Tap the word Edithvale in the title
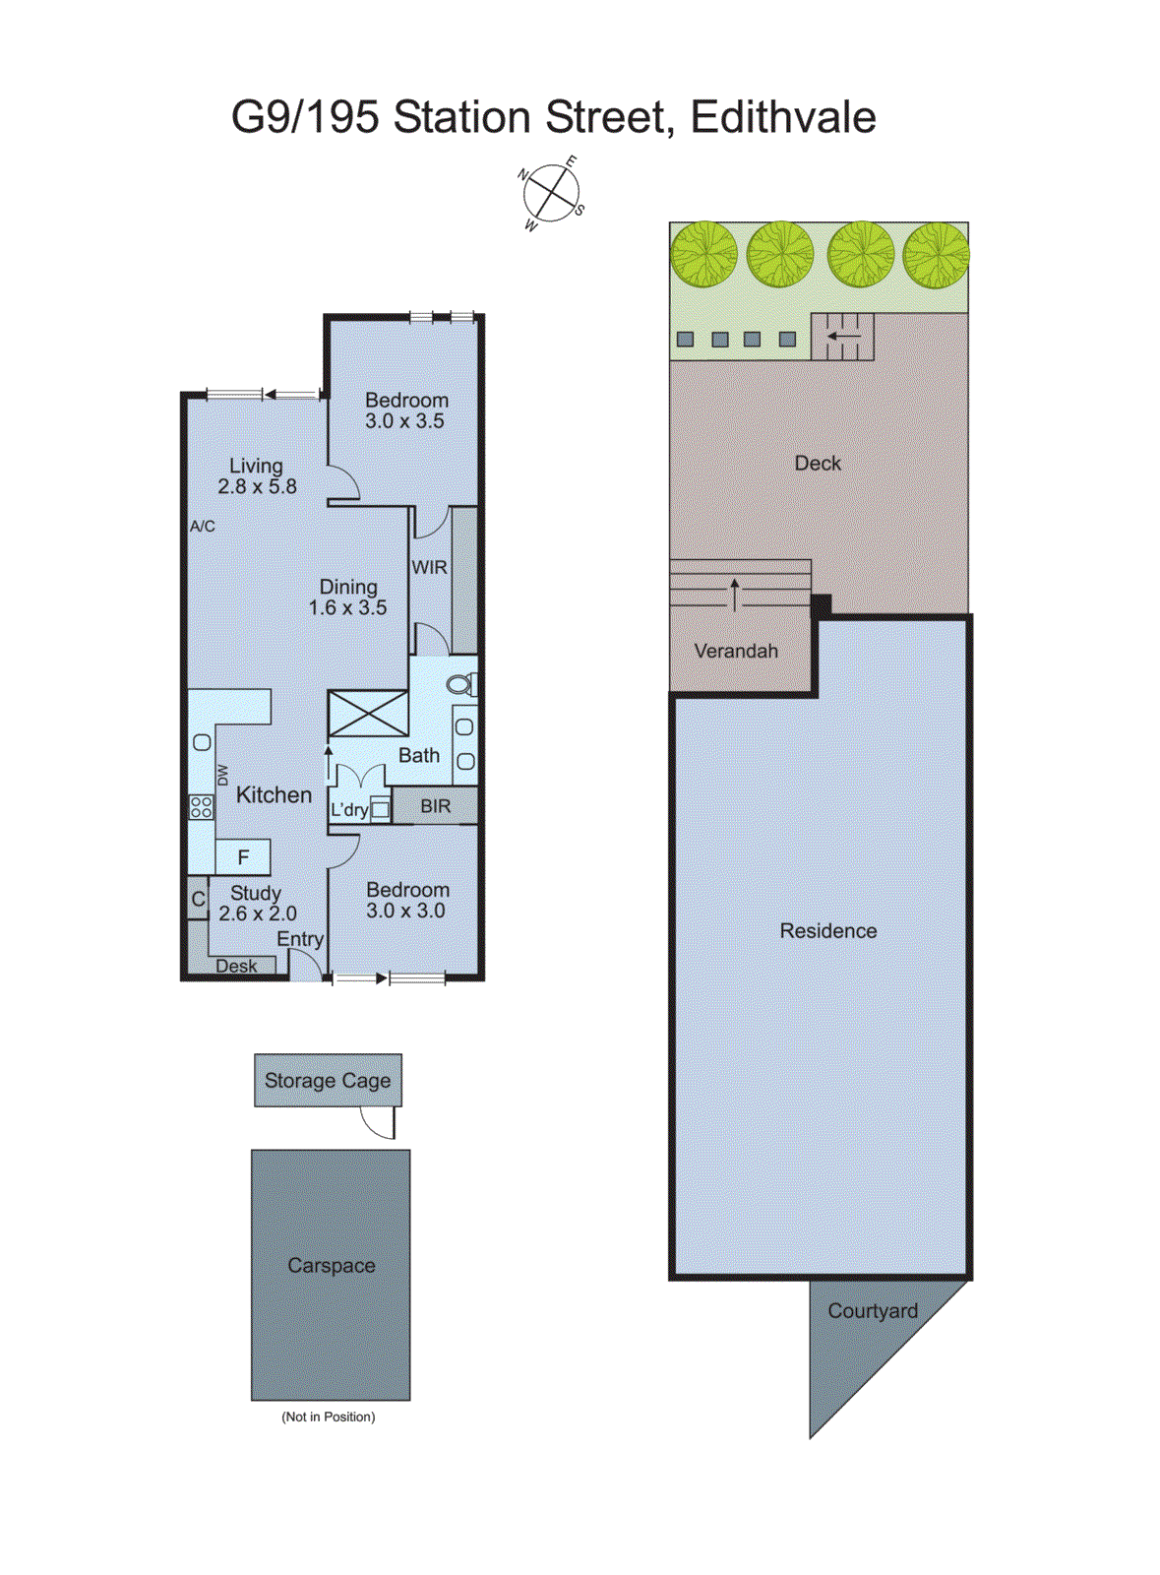pyautogui.click(x=782, y=117)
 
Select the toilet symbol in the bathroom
pyautogui.click(x=461, y=684)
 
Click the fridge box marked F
pyautogui.click(x=243, y=857)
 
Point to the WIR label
pyautogui.click(x=429, y=568)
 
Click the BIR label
pyautogui.click(x=435, y=806)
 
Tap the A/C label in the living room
pyautogui.click(x=203, y=527)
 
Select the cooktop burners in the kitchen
pyautogui.click(x=201, y=807)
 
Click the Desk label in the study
pyautogui.click(x=236, y=966)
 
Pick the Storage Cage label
pyautogui.click(x=328, y=1081)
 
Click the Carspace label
pyautogui.click(x=331, y=1266)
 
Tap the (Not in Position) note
pyautogui.click(x=328, y=1417)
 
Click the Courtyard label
pyautogui.click(x=872, y=1311)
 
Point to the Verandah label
pyautogui.click(x=736, y=651)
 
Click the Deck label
pyautogui.click(x=818, y=463)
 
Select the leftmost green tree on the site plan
pyautogui.click(x=704, y=254)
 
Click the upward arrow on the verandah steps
pyautogui.click(x=735, y=595)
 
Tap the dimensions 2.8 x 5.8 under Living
pyautogui.click(x=257, y=486)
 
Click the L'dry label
pyautogui.click(x=348, y=810)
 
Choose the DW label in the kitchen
pyautogui.click(x=223, y=775)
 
